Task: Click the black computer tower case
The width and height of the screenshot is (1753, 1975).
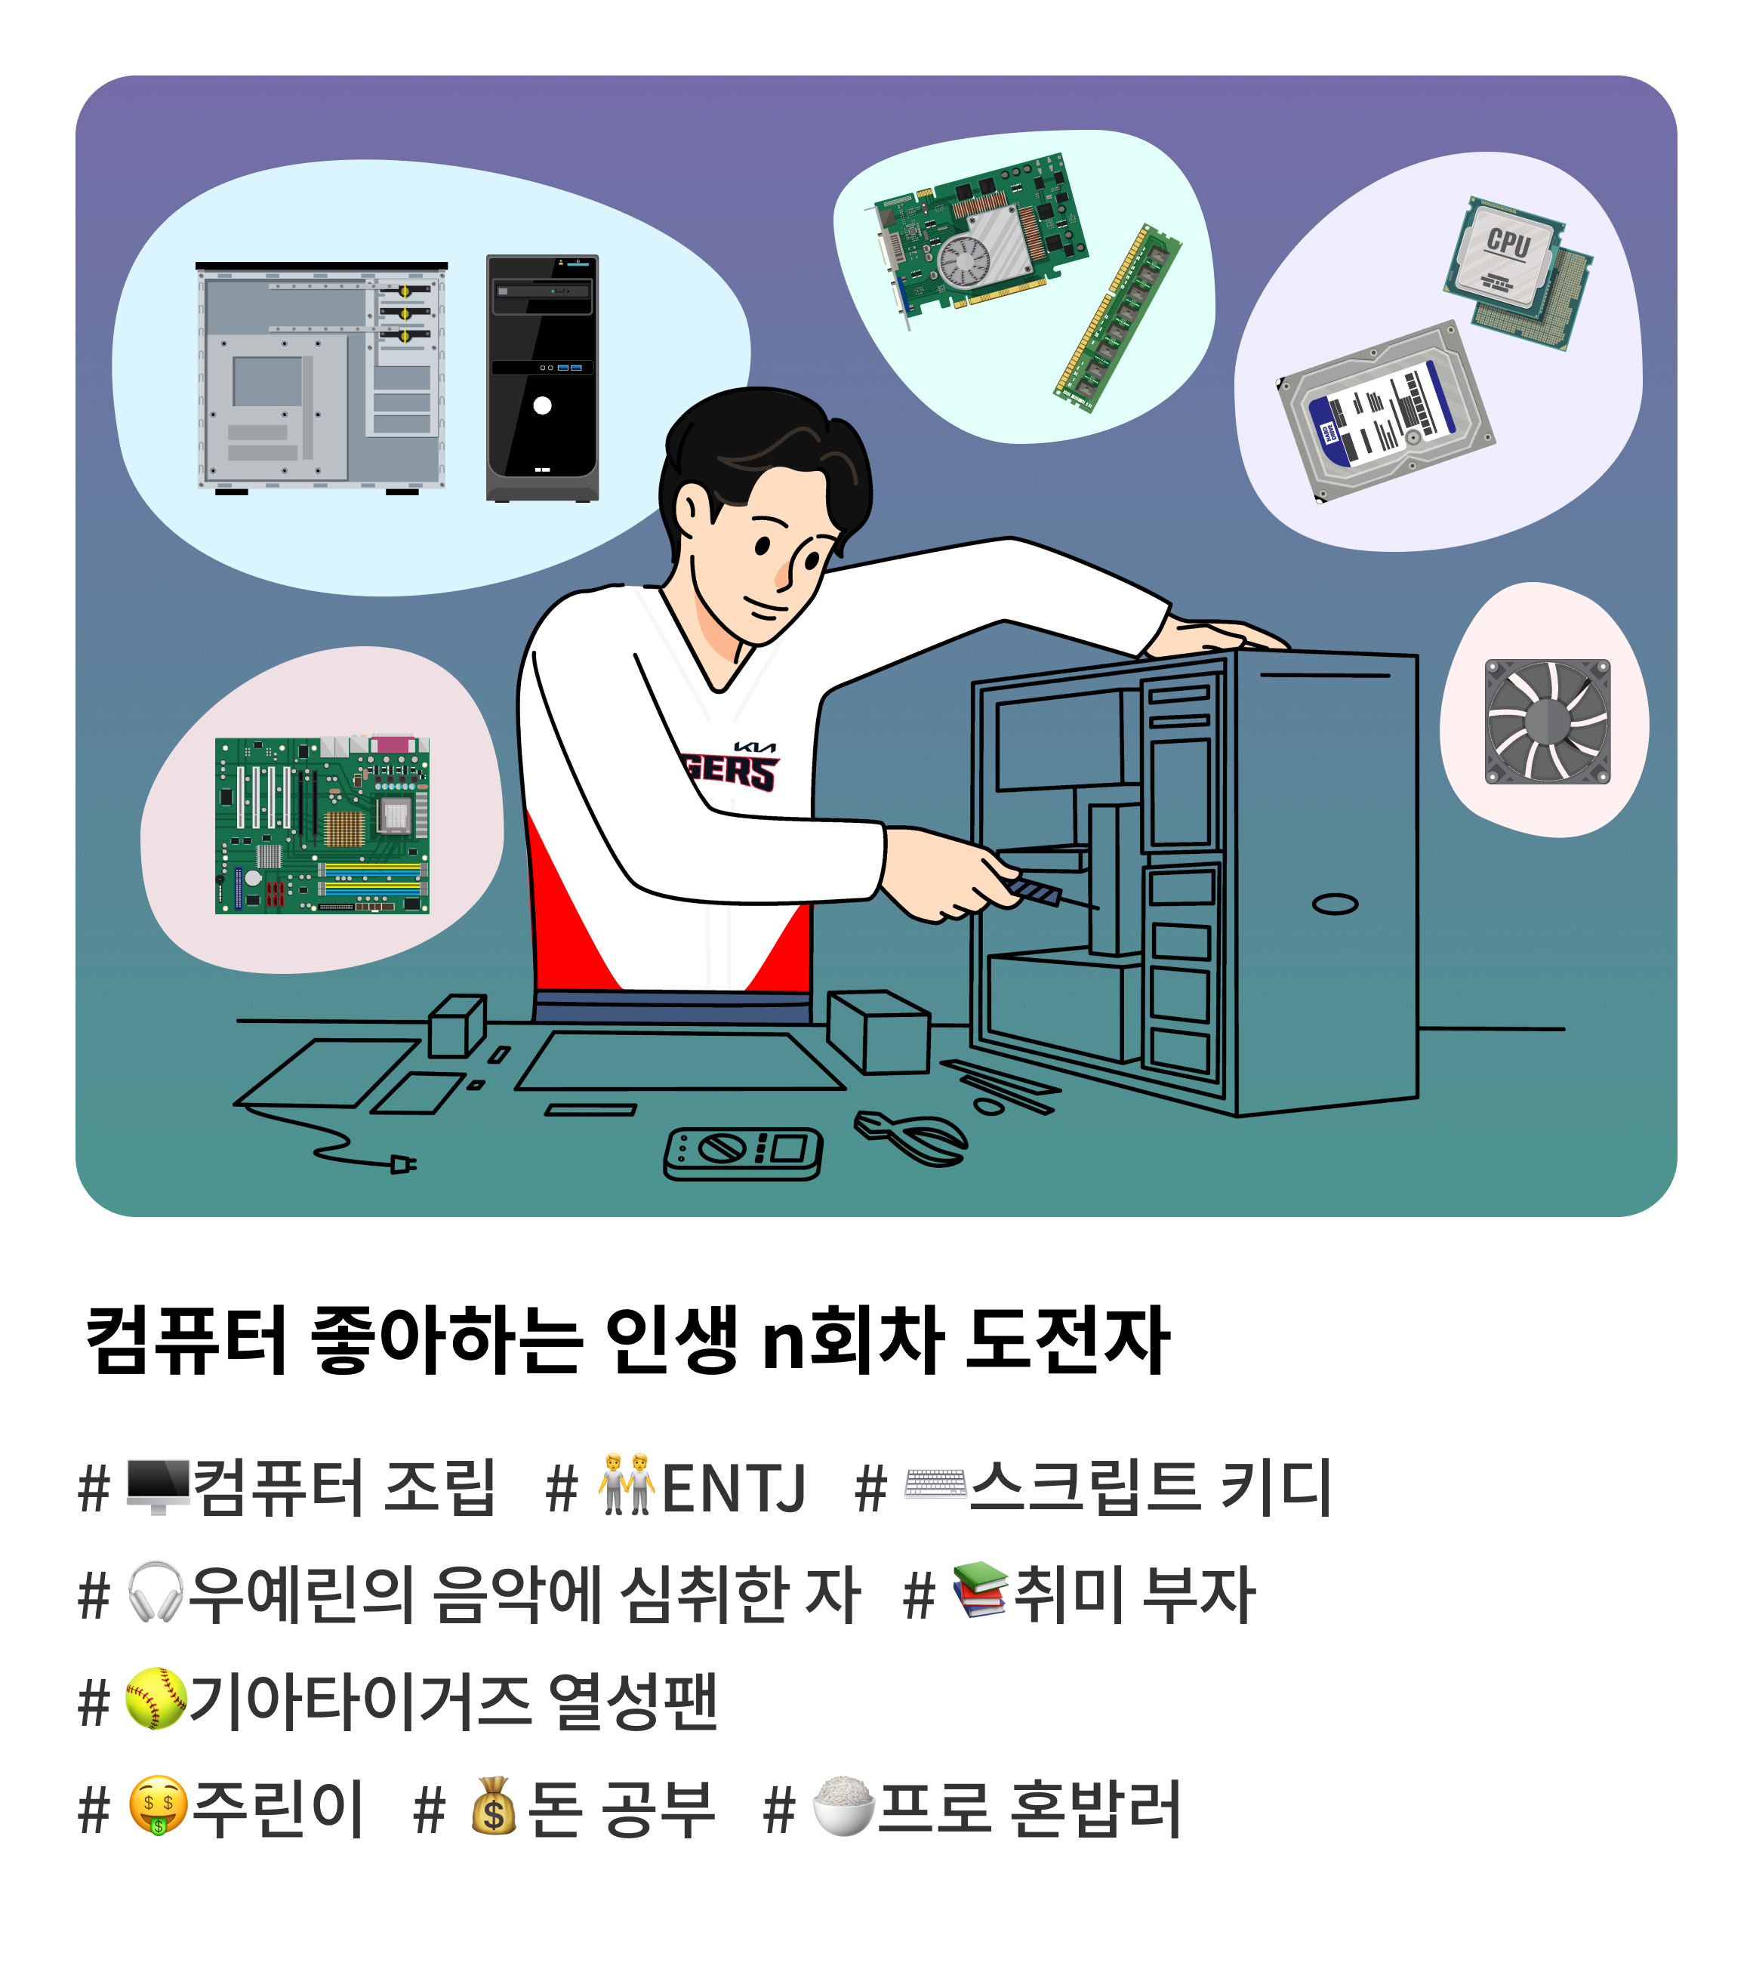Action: click(x=542, y=377)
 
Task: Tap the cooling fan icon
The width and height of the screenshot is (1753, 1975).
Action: click(x=1547, y=722)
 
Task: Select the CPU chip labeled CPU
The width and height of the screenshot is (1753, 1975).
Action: click(x=1505, y=253)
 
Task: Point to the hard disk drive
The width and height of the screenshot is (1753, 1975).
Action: click(x=1386, y=411)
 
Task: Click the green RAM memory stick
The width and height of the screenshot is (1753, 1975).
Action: click(x=1117, y=318)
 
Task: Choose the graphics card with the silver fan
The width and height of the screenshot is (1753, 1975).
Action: click(x=980, y=238)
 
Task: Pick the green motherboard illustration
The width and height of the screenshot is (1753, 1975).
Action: click(x=322, y=825)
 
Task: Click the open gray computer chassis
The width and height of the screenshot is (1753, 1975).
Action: click(x=322, y=377)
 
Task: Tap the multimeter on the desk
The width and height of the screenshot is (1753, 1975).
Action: click(x=742, y=1154)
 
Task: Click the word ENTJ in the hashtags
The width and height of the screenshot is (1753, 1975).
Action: click(x=734, y=1488)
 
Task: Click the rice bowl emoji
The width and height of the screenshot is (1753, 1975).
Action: click(x=843, y=1805)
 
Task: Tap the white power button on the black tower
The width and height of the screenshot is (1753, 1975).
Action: click(x=542, y=406)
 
